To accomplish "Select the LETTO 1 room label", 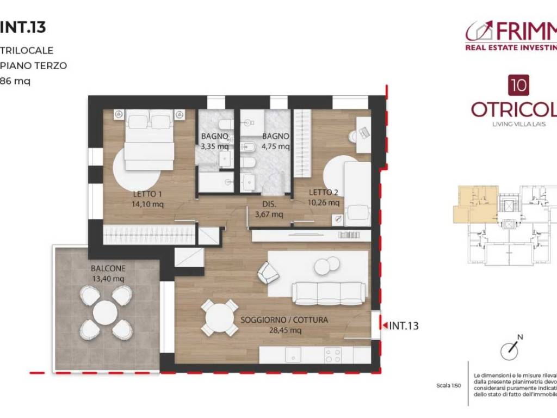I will pos(147,194).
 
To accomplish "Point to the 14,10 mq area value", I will pos(147,205).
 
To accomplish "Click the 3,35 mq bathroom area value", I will pos(214,146).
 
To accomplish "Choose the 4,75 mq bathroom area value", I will pos(276,146).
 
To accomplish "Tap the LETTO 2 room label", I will pos(324,192).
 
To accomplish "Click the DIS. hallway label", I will pos(269,205).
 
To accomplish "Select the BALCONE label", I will pos(108,268).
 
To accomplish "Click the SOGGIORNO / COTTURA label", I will pos(284,320).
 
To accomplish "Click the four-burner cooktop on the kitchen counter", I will pos(333,355).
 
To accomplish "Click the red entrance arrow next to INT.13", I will pos(385,325).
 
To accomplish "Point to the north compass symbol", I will pos(511,348).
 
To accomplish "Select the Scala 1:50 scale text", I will pos(448,385).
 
